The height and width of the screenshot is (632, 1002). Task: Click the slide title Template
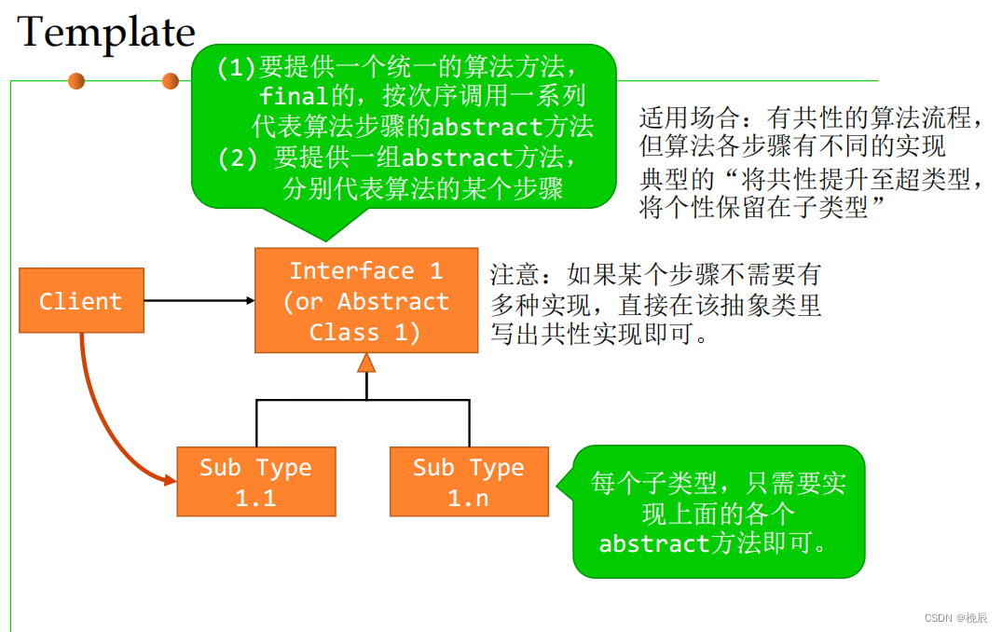point(106,33)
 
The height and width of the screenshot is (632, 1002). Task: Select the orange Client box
point(81,300)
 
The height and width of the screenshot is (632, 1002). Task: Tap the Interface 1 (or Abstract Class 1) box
point(366,300)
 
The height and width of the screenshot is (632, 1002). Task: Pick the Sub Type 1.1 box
point(255,481)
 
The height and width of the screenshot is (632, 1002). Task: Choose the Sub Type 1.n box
point(469,481)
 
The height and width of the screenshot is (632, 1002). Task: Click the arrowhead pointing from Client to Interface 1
point(250,300)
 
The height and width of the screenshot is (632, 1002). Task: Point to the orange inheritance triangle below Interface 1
point(366,363)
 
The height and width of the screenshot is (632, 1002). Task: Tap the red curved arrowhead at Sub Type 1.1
point(171,480)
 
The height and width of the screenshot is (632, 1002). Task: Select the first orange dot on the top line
point(76,81)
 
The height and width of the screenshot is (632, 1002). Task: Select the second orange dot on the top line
point(170,81)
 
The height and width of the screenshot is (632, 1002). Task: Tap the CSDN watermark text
point(955,618)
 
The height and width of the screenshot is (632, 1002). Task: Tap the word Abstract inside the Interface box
point(392,302)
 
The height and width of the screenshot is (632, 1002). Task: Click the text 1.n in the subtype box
point(468,499)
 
